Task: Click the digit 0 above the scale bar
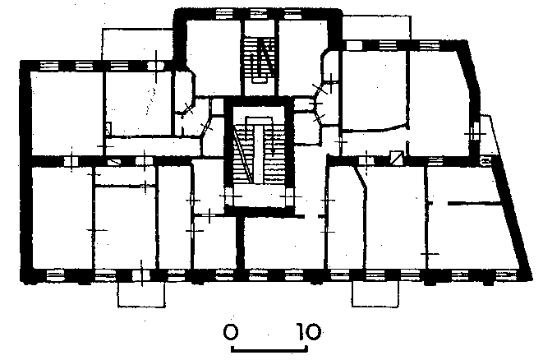[231, 331]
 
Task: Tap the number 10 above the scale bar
[309, 331]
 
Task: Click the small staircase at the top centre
[260, 60]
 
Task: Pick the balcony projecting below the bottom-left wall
[141, 294]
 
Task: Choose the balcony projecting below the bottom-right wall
[375, 293]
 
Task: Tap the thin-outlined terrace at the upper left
[137, 44]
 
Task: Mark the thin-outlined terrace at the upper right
[376, 27]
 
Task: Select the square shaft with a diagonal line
[397, 157]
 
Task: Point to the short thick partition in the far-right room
[475, 204]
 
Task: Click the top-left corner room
[67, 113]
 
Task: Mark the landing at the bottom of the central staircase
[259, 195]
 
